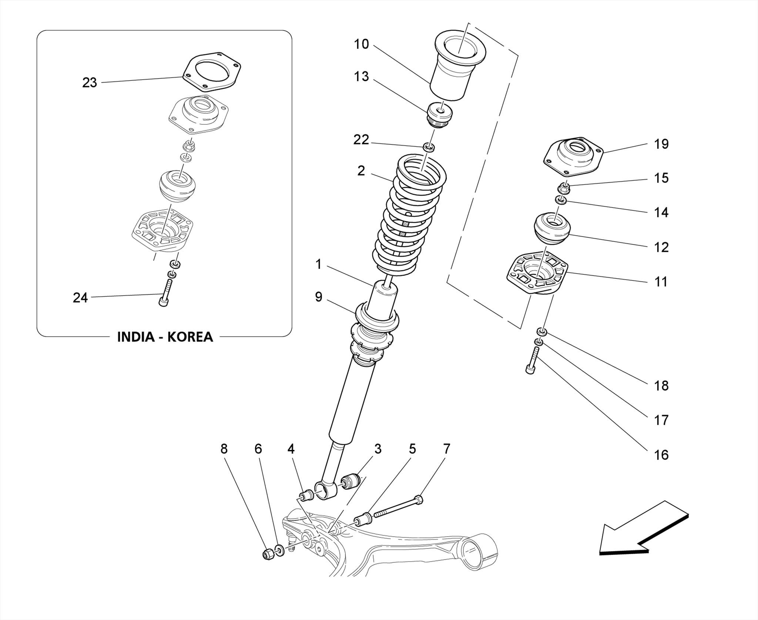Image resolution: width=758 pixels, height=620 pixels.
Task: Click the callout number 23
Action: point(89,83)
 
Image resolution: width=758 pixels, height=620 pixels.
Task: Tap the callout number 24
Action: point(80,297)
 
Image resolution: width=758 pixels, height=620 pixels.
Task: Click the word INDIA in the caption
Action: point(135,337)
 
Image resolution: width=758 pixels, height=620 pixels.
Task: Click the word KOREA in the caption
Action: point(190,337)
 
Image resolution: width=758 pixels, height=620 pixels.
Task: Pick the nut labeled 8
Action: point(268,554)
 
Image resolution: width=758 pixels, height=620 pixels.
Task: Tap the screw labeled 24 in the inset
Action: point(165,293)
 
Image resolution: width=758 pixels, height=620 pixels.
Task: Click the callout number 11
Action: point(661,282)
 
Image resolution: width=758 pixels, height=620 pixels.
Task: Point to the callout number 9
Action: point(319,297)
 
